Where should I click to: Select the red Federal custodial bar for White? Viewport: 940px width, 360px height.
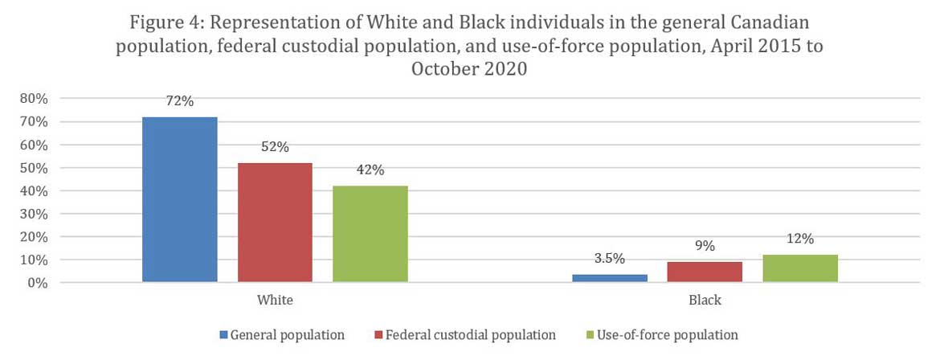275,223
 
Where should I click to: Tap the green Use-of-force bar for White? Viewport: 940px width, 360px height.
370,234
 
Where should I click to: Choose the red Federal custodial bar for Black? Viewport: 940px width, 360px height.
705,272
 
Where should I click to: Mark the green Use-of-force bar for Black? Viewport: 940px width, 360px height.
799,268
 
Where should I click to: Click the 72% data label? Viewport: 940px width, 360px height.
180,101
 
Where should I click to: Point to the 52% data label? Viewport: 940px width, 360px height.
275,147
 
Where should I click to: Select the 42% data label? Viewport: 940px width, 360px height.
370,170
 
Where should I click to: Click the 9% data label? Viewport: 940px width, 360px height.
705,247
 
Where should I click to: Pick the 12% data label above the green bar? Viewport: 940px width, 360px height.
800,239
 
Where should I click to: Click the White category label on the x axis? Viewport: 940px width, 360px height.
275,301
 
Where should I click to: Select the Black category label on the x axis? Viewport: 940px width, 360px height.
705,301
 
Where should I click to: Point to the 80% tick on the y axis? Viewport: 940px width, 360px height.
33,99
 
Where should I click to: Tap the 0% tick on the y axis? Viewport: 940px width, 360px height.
37,283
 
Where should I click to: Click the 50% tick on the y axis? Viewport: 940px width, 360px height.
33,168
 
